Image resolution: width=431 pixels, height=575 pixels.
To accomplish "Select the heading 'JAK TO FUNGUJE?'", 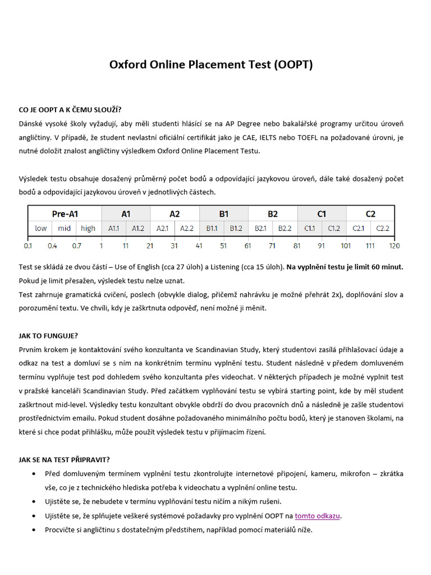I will (x=48, y=335).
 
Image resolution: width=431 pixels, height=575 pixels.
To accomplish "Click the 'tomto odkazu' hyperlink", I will (x=318, y=515).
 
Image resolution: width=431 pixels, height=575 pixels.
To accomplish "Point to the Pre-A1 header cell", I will (x=65, y=214).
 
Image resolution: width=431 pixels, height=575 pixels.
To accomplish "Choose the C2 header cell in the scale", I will (x=370, y=214).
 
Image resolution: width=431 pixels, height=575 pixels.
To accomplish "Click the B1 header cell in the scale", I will (x=223, y=214).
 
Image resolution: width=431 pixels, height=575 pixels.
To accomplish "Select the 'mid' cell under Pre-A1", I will (x=65, y=228).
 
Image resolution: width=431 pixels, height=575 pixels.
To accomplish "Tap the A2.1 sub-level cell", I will (x=162, y=228).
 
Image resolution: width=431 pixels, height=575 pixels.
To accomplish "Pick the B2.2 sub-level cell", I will (x=285, y=228).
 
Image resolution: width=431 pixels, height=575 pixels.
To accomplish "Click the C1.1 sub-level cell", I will (x=310, y=228).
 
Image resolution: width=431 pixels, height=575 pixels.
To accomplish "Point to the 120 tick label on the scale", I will (x=395, y=246).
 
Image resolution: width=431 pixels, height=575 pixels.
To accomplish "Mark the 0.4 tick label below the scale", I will (x=52, y=246).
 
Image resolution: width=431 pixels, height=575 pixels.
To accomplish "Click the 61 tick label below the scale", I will (x=248, y=246).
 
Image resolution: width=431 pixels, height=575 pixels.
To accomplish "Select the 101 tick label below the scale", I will (x=346, y=246).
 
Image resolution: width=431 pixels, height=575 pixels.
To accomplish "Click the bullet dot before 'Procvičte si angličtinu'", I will (x=36, y=530).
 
